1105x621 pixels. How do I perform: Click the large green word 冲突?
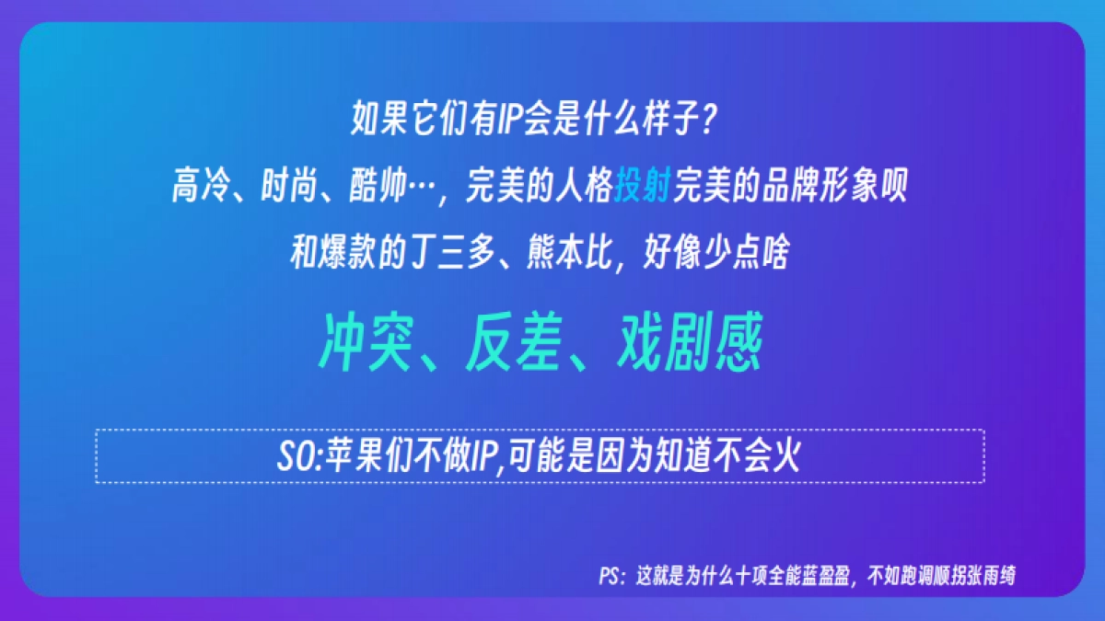click(364, 342)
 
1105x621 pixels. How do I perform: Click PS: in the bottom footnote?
click(612, 577)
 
